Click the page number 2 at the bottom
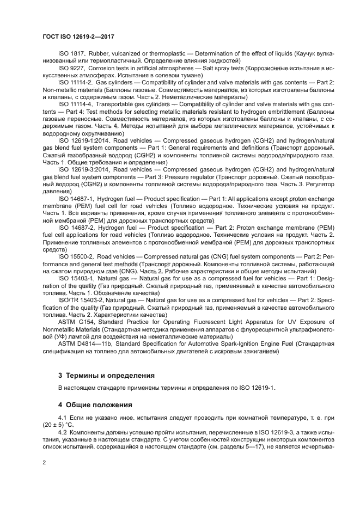pyautogui.click(x=44, y=462)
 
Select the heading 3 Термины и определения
pyautogui.click(x=106, y=376)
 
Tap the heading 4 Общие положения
pyautogui.click(x=95, y=405)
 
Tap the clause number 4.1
pyautogui.click(x=63, y=418)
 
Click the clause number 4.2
pyautogui.click(x=63, y=431)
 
